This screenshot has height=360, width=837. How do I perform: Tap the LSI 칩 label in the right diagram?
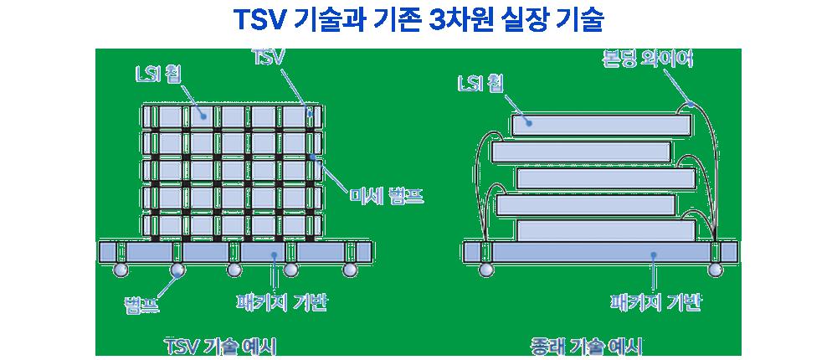click(480, 84)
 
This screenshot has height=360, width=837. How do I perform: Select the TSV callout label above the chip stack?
click(269, 58)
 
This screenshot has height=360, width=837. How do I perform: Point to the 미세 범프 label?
click(387, 198)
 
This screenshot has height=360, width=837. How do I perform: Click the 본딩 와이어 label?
click(647, 60)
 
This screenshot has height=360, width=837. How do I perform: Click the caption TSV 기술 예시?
click(221, 345)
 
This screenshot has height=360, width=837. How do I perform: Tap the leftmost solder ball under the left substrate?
click(121, 270)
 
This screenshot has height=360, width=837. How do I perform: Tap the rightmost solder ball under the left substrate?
click(348, 270)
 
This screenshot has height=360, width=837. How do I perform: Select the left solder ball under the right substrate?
click(485, 270)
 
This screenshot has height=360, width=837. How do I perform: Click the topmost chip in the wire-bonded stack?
click(601, 125)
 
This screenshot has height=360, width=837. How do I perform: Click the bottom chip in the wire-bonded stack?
click(605, 229)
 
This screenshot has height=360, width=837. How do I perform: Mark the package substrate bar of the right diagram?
click(600, 251)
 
